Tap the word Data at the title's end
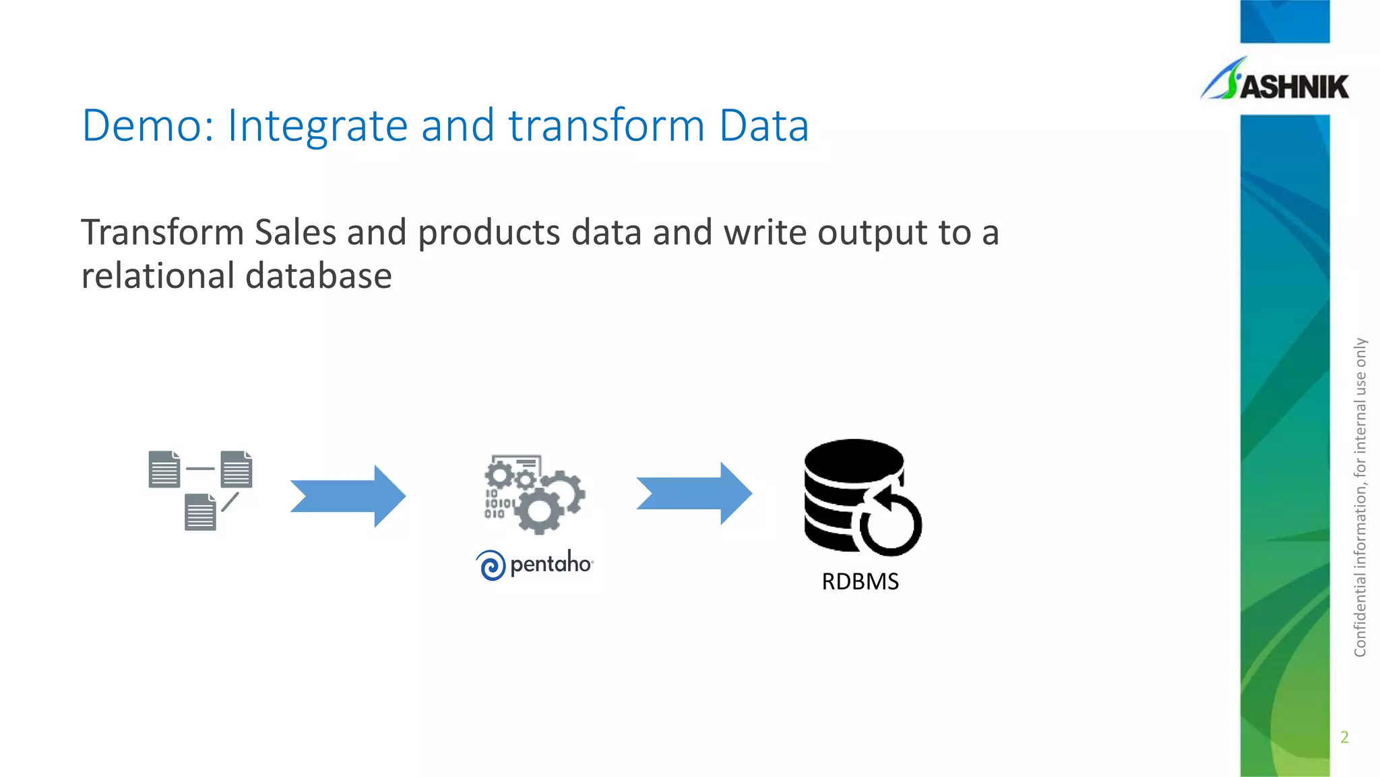pos(763,125)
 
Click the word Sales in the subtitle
pos(295,233)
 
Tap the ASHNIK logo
pos(1276,82)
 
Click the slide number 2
pos(1344,737)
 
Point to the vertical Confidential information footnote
pos(1360,496)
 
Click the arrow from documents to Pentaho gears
pos(348,496)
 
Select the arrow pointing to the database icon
pos(694,493)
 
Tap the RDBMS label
pos(860,581)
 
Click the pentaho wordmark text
pos(551,563)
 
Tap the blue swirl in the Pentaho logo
pos(491,565)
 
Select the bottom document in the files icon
pos(200,513)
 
